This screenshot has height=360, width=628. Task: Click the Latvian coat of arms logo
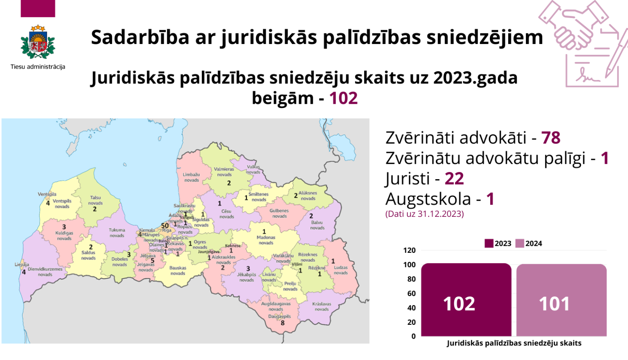tap(38, 44)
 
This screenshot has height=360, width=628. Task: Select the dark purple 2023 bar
tap(466, 300)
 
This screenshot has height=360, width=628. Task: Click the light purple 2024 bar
tap(561, 300)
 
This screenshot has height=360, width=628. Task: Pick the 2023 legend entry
tap(498, 244)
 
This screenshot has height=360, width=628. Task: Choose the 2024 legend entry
tap(529, 244)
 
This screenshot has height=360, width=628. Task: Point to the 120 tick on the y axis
tap(409, 250)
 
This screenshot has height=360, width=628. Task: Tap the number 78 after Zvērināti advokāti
tap(551, 138)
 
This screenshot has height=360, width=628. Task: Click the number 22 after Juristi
tap(454, 179)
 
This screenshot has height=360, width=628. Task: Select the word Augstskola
tap(428, 199)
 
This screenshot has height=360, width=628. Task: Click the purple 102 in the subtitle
tap(343, 98)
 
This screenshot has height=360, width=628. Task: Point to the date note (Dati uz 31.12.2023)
tap(425, 214)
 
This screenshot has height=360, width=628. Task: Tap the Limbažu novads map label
tap(191, 177)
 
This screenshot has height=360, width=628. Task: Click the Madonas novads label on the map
tap(266, 240)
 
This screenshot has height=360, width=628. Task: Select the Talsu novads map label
tap(95, 200)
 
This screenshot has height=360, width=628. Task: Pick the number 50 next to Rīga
tap(165, 226)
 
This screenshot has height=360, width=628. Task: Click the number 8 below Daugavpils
tap(283, 323)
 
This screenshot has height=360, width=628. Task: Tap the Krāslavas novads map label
tap(322, 306)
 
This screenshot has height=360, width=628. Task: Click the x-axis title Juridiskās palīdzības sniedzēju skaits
tap(514, 343)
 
